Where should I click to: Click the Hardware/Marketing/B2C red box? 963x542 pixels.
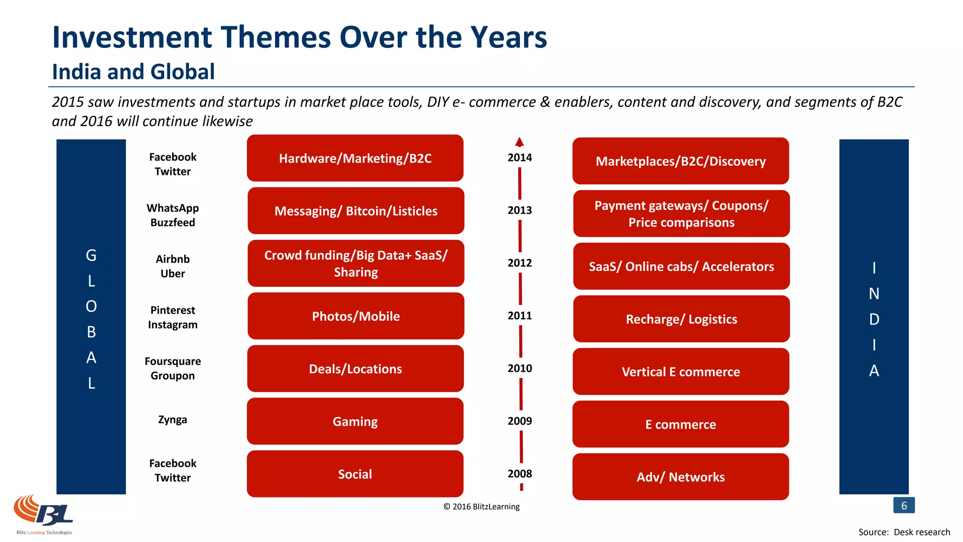point(355,158)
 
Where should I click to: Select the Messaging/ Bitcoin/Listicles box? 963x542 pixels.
point(356,211)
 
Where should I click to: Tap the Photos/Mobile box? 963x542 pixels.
point(356,316)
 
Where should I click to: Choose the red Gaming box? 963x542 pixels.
point(355,422)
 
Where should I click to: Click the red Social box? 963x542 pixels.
point(355,474)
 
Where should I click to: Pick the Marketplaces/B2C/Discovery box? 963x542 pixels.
point(680,161)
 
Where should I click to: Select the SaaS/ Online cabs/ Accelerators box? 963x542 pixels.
point(681,266)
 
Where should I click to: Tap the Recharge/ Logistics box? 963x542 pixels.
point(681,319)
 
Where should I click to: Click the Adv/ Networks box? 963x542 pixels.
point(680,477)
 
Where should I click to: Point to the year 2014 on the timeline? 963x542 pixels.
point(520,158)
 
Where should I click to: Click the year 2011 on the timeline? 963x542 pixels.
point(520,316)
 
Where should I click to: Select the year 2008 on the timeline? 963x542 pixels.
point(520,474)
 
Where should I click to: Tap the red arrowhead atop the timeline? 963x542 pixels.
point(519,142)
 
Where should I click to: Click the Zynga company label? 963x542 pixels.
point(173,420)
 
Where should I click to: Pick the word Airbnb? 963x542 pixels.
point(173,259)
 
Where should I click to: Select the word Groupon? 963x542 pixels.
point(173,376)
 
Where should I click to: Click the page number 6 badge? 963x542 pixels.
point(904,505)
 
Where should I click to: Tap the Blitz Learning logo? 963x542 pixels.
point(44,514)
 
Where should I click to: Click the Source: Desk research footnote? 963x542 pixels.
point(904,532)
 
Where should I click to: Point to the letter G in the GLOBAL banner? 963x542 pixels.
point(91,255)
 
